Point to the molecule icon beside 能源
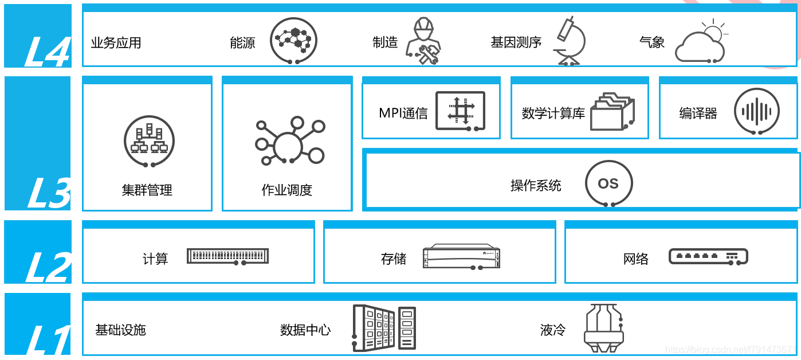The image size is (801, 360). point(293,40)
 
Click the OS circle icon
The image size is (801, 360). point(608,183)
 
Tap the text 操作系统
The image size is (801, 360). point(536,185)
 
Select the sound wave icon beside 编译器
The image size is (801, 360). point(757,111)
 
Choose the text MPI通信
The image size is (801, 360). point(403,113)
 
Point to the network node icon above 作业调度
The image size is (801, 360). point(289,143)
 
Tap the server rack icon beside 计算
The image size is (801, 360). point(227,256)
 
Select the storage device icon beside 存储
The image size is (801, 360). point(461,257)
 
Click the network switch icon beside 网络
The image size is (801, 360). point(708,256)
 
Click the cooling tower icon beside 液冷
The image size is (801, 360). point(603,330)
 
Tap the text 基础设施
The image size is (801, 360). point(120,330)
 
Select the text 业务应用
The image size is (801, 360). point(116,43)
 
